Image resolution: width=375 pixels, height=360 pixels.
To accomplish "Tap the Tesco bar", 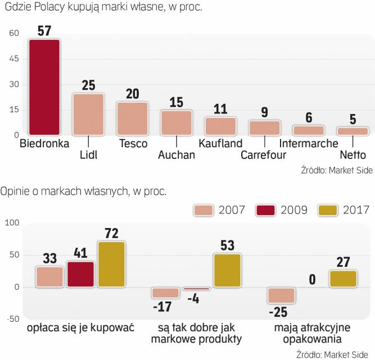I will coord(132,119).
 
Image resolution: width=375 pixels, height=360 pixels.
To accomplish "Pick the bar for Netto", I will coord(353,131).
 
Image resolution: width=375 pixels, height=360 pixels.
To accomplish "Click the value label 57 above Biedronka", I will coord(44,30).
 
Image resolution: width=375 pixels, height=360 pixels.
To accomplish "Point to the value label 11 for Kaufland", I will coord(220,108).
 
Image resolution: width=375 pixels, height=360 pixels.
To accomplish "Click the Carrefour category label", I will coord(263,155).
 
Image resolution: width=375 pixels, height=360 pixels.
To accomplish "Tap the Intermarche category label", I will coord(309,143).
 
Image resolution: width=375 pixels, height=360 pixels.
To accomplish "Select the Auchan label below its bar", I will coord(177,155).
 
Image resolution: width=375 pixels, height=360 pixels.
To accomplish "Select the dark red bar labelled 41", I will coord(80,274).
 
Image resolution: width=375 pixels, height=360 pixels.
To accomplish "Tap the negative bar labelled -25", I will coord(281,296).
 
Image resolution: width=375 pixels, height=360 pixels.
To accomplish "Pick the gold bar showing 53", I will coord(227,270).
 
